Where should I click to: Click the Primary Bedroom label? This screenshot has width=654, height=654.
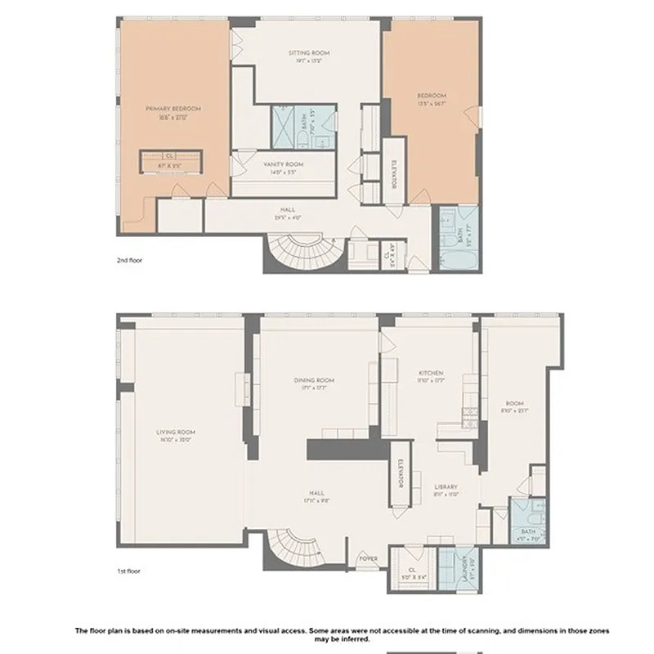(x=173, y=108)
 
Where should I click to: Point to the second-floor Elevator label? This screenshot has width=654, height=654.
(x=394, y=174)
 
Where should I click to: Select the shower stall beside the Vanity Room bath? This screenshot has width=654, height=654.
(x=287, y=127)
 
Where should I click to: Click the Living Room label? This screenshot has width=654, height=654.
(x=177, y=432)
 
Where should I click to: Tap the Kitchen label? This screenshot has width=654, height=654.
(x=429, y=373)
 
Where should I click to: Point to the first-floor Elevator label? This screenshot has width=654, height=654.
(x=401, y=474)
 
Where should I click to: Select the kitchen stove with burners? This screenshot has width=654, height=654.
(x=471, y=412)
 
